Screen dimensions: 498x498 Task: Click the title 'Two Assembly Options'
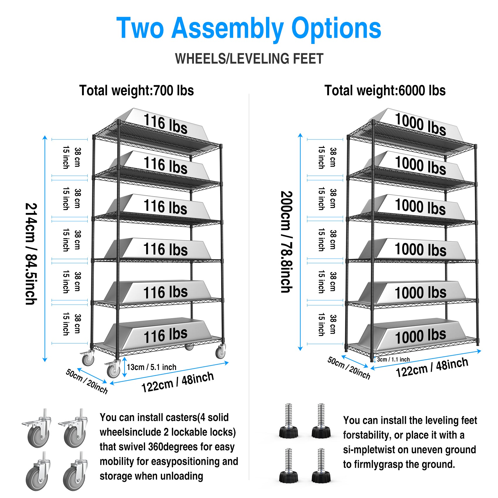249,28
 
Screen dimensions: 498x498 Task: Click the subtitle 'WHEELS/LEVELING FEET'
249,59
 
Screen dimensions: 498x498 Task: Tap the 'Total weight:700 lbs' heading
137,90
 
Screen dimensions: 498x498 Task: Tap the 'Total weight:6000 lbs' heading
385,90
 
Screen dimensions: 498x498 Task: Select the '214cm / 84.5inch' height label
31,254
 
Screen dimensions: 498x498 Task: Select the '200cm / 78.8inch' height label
286,242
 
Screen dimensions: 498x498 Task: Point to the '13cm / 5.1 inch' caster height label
151,367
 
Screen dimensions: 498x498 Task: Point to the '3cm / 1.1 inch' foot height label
393,359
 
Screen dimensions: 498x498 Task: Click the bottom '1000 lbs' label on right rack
420,336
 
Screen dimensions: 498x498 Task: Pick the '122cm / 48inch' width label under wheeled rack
178,382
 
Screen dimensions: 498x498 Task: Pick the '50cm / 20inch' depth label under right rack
349,368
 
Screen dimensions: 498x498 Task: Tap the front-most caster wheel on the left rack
113,370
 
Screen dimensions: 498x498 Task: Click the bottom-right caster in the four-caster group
75,472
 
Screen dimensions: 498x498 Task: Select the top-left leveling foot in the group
289,422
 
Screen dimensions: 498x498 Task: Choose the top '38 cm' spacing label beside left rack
78,157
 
